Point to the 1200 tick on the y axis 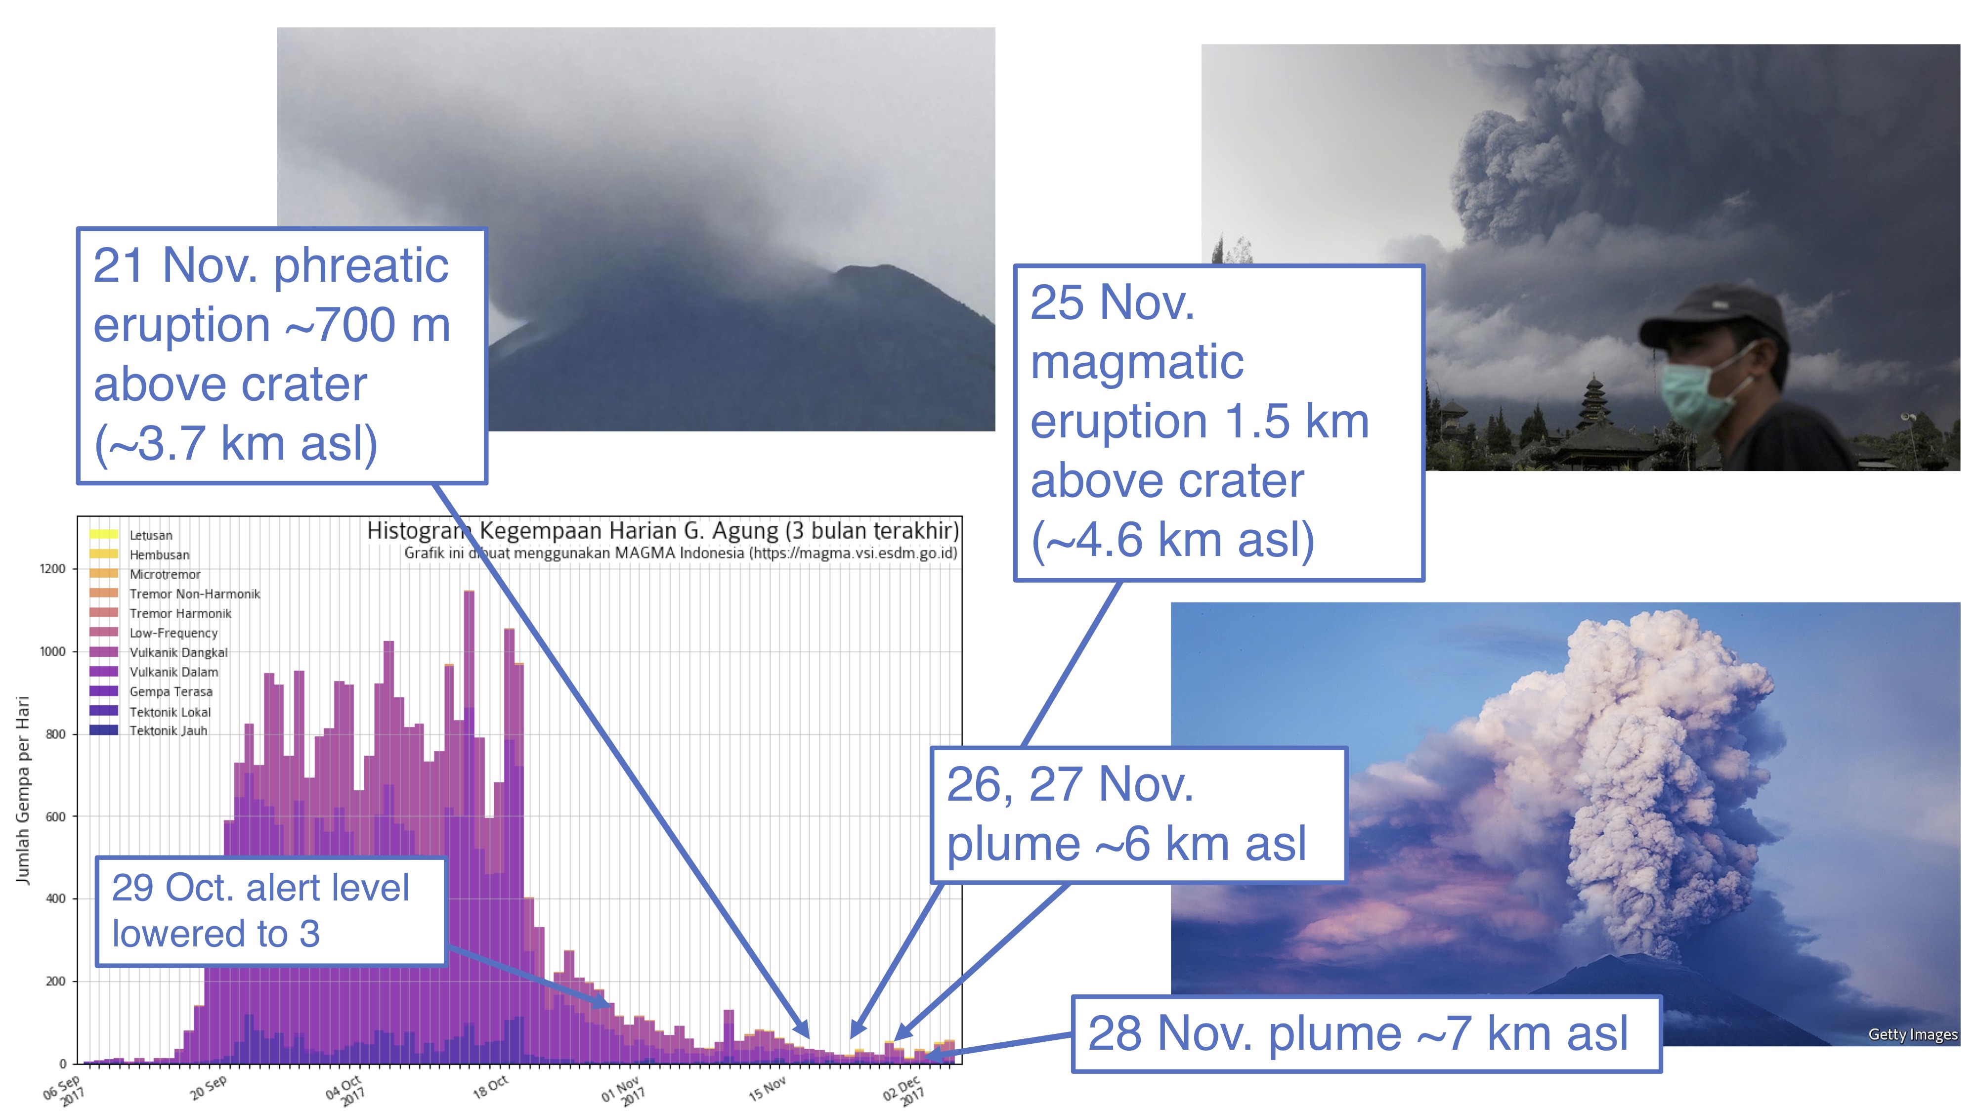pyautogui.click(x=52, y=569)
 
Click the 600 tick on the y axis pyautogui.click(x=55, y=816)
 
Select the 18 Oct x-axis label pyautogui.click(x=490, y=1087)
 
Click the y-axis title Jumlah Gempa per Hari pyautogui.click(x=23, y=790)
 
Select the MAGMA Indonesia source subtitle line pyautogui.click(x=681, y=553)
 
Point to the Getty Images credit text pyautogui.click(x=1913, y=1034)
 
